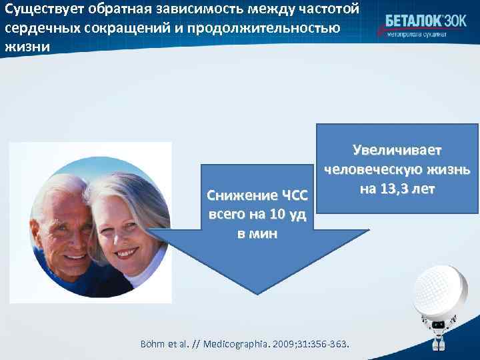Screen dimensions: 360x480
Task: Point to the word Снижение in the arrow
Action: coord(234,196)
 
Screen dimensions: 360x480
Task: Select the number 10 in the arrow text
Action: coord(276,215)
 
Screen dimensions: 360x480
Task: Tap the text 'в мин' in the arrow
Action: coord(257,235)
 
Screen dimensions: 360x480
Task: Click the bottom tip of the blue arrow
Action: coord(257,293)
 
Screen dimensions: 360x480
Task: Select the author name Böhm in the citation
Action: coord(151,344)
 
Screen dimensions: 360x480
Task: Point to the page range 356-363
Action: coord(336,344)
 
